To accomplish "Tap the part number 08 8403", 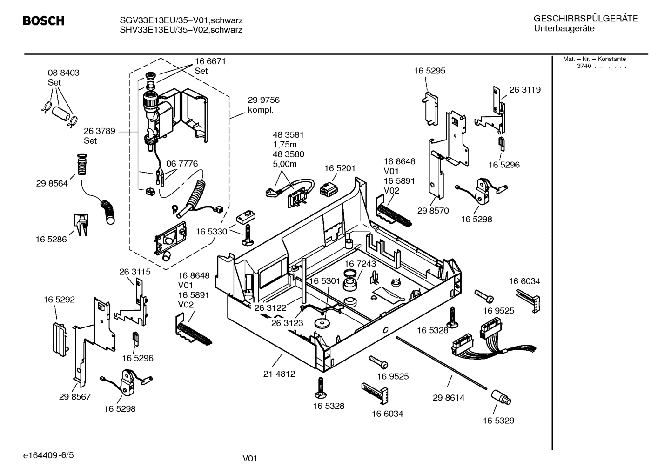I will click(x=63, y=73).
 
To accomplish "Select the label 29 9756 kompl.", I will click(x=263, y=105).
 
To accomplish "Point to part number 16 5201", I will click(x=340, y=168).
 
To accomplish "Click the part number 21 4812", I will click(x=279, y=374).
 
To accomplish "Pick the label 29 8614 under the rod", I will click(x=449, y=398).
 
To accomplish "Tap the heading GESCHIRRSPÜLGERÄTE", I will click(x=585, y=19).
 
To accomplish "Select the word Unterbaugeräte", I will click(x=564, y=29).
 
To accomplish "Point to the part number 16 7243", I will click(x=360, y=264).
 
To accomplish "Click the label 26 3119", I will click(x=525, y=90).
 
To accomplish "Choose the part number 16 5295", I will click(x=429, y=71).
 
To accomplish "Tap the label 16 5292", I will click(x=59, y=300).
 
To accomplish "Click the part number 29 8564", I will click(x=52, y=184).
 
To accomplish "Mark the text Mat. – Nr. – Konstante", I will click(x=594, y=59).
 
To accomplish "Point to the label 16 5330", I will click(x=211, y=232).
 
